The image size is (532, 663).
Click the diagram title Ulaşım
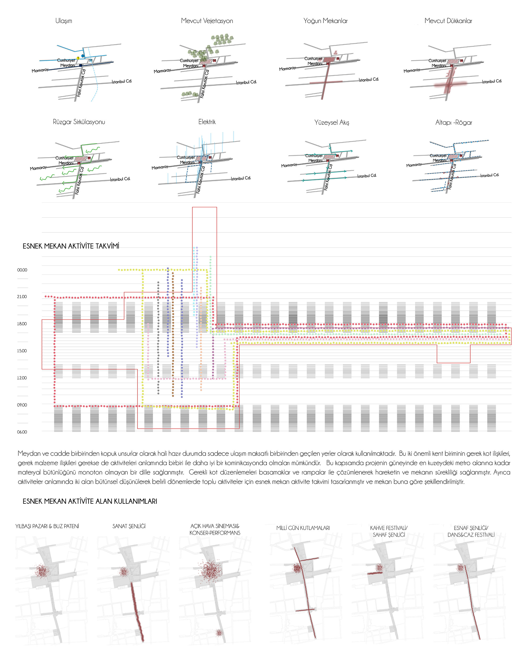click(64, 21)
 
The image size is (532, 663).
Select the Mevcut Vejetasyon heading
click(207, 21)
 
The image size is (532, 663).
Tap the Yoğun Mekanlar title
click(325, 21)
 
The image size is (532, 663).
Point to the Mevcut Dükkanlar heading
click(448, 21)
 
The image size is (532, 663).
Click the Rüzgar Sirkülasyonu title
click(79, 122)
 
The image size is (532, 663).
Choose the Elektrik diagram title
click(207, 122)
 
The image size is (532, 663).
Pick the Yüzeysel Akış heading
click(331, 122)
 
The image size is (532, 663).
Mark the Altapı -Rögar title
click(454, 122)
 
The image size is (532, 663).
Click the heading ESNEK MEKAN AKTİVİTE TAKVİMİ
click(71, 246)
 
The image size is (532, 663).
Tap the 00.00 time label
click(22, 270)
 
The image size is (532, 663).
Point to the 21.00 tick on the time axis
click(22, 297)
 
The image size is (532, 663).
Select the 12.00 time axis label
click(22, 378)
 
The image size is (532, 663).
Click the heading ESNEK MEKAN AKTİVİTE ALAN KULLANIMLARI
click(90, 501)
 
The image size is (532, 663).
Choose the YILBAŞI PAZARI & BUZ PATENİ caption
click(47, 526)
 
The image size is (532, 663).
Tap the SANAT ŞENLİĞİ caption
click(129, 526)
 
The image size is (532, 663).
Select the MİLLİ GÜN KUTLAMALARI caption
click(303, 528)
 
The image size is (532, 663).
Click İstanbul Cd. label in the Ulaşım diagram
click(122, 81)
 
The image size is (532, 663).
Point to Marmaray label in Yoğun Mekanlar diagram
click(287, 69)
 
